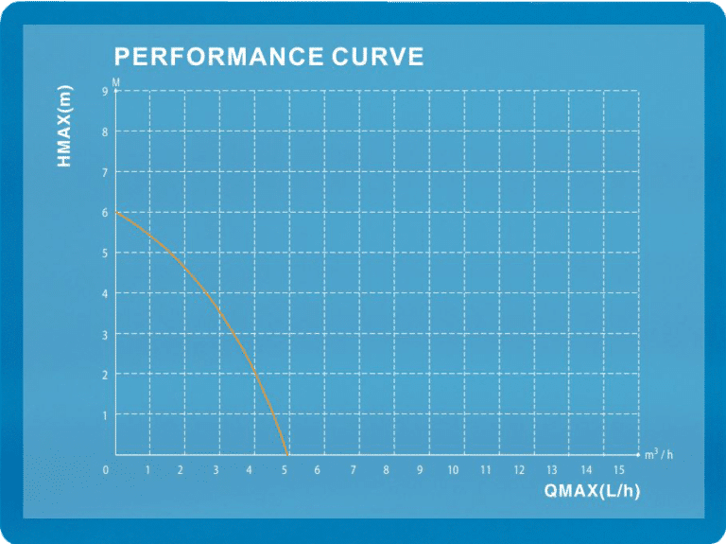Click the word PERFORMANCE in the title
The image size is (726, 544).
pyautogui.click(x=218, y=57)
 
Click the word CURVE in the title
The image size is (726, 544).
pyautogui.click(x=377, y=57)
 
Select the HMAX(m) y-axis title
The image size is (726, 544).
pyautogui.click(x=64, y=126)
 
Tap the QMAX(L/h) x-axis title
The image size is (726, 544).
pyautogui.click(x=592, y=490)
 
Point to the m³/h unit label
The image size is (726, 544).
pyautogui.click(x=659, y=454)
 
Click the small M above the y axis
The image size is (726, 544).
pyautogui.click(x=115, y=82)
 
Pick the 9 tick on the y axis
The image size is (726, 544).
pyautogui.click(x=105, y=91)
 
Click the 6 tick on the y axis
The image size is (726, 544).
pyautogui.click(x=105, y=213)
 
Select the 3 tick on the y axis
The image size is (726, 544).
pyautogui.click(x=105, y=335)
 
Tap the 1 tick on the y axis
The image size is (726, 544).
pyautogui.click(x=105, y=415)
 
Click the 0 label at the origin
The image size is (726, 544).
pyautogui.click(x=106, y=470)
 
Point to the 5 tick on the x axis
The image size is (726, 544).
pyautogui.click(x=285, y=470)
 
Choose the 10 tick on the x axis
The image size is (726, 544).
pyautogui.click(x=453, y=470)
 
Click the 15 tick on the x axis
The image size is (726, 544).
pyautogui.click(x=619, y=470)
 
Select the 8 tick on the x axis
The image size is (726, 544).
pyautogui.click(x=386, y=470)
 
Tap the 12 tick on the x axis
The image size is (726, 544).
pyautogui.click(x=519, y=470)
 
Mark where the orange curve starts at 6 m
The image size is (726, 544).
pyautogui.click(x=115, y=212)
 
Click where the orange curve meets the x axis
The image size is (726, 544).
pyautogui.click(x=287, y=454)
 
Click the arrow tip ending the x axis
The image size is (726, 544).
pyautogui.click(x=640, y=454)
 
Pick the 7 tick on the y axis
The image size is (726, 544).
pyautogui.click(x=105, y=172)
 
